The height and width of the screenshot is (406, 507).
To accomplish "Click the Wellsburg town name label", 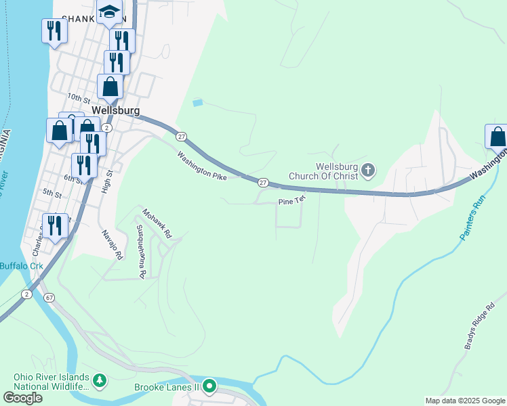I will pos(115,110).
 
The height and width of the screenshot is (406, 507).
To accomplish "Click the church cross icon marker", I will pos(368,170).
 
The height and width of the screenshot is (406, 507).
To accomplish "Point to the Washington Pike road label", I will pos(201,165).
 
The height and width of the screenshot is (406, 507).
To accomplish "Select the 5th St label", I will pos(52,193).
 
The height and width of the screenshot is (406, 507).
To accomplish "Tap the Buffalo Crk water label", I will pos(21,266).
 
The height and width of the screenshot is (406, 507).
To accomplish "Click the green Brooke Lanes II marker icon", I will pos(209,386).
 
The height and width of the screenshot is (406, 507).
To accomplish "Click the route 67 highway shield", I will pos(49,297).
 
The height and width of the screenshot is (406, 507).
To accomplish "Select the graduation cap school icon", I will pos(108,12).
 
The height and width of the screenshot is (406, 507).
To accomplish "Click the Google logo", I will pos(22,398).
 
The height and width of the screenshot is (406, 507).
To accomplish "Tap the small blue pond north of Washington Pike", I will pos(197,103).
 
